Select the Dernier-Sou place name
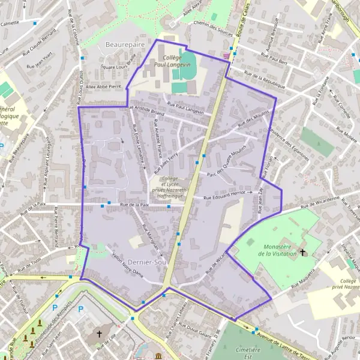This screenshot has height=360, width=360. tap(146, 262)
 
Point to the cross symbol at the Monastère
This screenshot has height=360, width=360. tap(303, 251)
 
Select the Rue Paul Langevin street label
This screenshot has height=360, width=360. tap(185, 108)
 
